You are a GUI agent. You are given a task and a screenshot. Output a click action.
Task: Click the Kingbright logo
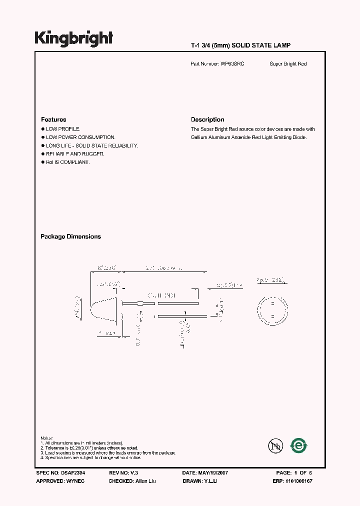(73, 38)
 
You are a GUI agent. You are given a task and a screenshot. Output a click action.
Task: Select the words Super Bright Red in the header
(288, 64)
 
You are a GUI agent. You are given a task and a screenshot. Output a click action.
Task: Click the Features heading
(53, 119)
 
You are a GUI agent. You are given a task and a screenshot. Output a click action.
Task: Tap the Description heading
(207, 119)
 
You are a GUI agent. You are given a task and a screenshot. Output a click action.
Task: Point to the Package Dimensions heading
(70, 236)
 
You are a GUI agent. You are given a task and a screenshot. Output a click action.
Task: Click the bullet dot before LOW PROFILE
(42, 129)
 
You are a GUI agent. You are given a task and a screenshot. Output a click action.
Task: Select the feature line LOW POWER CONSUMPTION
(80, 137)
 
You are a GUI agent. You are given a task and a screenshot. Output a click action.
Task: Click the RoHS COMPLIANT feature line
(67, 162)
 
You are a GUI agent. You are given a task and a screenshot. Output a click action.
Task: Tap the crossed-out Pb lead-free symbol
(275, 445)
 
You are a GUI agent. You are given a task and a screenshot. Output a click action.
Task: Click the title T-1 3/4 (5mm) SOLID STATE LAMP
(240, 45)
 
